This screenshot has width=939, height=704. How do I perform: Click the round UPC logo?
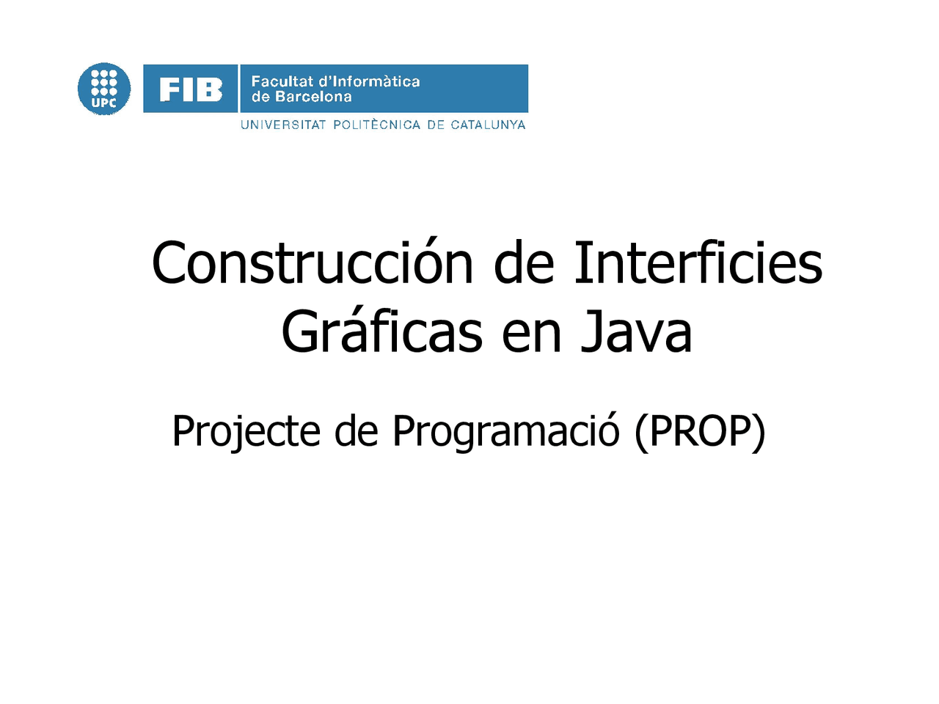pyautogui.click(x=104, y=89)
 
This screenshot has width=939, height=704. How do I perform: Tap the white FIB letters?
pyautogui.click(x=191, y=89)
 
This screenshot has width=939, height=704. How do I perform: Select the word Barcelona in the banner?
pyautogui.click(x=313, y=97)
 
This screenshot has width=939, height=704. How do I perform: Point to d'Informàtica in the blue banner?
pyautogui.click(x=369, y=81)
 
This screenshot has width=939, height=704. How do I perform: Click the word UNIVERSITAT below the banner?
pyautogui.click(x=283, y=125)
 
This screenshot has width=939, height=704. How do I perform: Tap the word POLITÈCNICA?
pyautogui.click(x=377, y=125)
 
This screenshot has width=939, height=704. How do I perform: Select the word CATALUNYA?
pyautogui.click(x=488, y=125)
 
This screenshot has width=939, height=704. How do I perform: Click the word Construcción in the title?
pyautogui.click(x=313, y=263)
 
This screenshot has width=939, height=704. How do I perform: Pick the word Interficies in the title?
pyautogui.click(x=698, y=263)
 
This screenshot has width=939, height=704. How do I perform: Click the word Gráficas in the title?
pyautogui.click(x=381, y=332)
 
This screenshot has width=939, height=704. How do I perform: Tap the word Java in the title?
pyautogui.click(x=636, y=332)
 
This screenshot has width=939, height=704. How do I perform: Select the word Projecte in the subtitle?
pyautogui.click(x=246, y=430)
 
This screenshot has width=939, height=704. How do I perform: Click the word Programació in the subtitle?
pyautogui.click(x=506, y=430)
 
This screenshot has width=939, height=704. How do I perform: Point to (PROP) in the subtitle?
pyautogui.click(x=700, y=430)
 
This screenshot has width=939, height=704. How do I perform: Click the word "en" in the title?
pyautogui.click(x=531, y=334)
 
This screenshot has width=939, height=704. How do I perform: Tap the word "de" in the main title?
pyautogui.click(x=524, y=263)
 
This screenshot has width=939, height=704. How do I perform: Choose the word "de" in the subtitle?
pyautogui.click(x=356, y=430)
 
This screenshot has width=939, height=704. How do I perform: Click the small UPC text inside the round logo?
pyautogui.click(x=104, y=103)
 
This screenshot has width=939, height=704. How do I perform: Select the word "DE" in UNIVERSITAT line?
pyautogui.click(x=436, y=125)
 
